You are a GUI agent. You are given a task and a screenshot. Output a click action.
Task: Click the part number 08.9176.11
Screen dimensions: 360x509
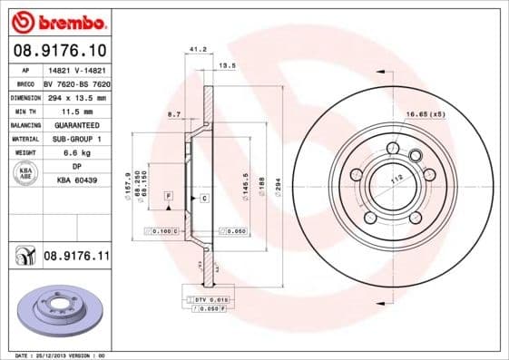76,258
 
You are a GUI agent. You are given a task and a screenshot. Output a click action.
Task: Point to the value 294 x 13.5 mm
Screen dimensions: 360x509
75,97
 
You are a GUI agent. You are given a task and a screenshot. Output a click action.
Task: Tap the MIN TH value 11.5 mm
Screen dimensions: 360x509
75,111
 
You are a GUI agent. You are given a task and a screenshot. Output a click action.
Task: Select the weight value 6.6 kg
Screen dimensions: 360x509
75,153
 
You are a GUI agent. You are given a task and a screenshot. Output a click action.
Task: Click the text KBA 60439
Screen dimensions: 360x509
76,181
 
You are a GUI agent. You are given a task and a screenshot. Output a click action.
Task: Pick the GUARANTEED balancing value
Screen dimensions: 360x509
75,125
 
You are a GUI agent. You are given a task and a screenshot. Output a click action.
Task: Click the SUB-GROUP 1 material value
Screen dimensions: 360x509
75,139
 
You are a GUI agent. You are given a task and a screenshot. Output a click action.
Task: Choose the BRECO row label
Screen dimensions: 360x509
25,83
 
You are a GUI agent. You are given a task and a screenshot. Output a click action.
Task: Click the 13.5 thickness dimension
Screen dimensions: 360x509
228,65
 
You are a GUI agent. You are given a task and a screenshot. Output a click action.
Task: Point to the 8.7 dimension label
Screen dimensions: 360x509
174,114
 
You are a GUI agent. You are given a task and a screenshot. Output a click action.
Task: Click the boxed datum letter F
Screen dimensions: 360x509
168,196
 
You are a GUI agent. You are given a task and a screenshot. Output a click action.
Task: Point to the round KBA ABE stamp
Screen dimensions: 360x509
24,173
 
